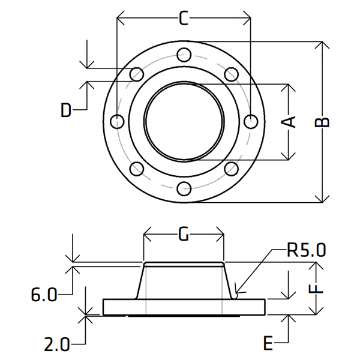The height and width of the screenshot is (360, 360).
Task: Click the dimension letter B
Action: (323, 121)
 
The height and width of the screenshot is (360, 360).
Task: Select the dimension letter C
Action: (184, 19)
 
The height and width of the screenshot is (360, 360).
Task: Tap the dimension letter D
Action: (67, 110)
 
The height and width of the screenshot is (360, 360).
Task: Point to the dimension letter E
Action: (269, 343)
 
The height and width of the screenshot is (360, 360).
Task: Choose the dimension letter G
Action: (184, 234)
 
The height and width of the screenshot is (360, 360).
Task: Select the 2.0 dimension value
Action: (56, 344)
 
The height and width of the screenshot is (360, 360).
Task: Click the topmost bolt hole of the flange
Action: (184, 55)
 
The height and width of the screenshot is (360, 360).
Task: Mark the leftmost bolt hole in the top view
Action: (118, 121)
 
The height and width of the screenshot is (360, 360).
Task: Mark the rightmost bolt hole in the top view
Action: (251, 121)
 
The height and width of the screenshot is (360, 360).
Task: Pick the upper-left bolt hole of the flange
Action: (137, 74)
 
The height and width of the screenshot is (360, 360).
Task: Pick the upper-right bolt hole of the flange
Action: (231, 74)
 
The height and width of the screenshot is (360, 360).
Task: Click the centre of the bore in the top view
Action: (184, 121)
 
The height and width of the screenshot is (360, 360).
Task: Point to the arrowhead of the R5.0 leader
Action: (236, 295)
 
